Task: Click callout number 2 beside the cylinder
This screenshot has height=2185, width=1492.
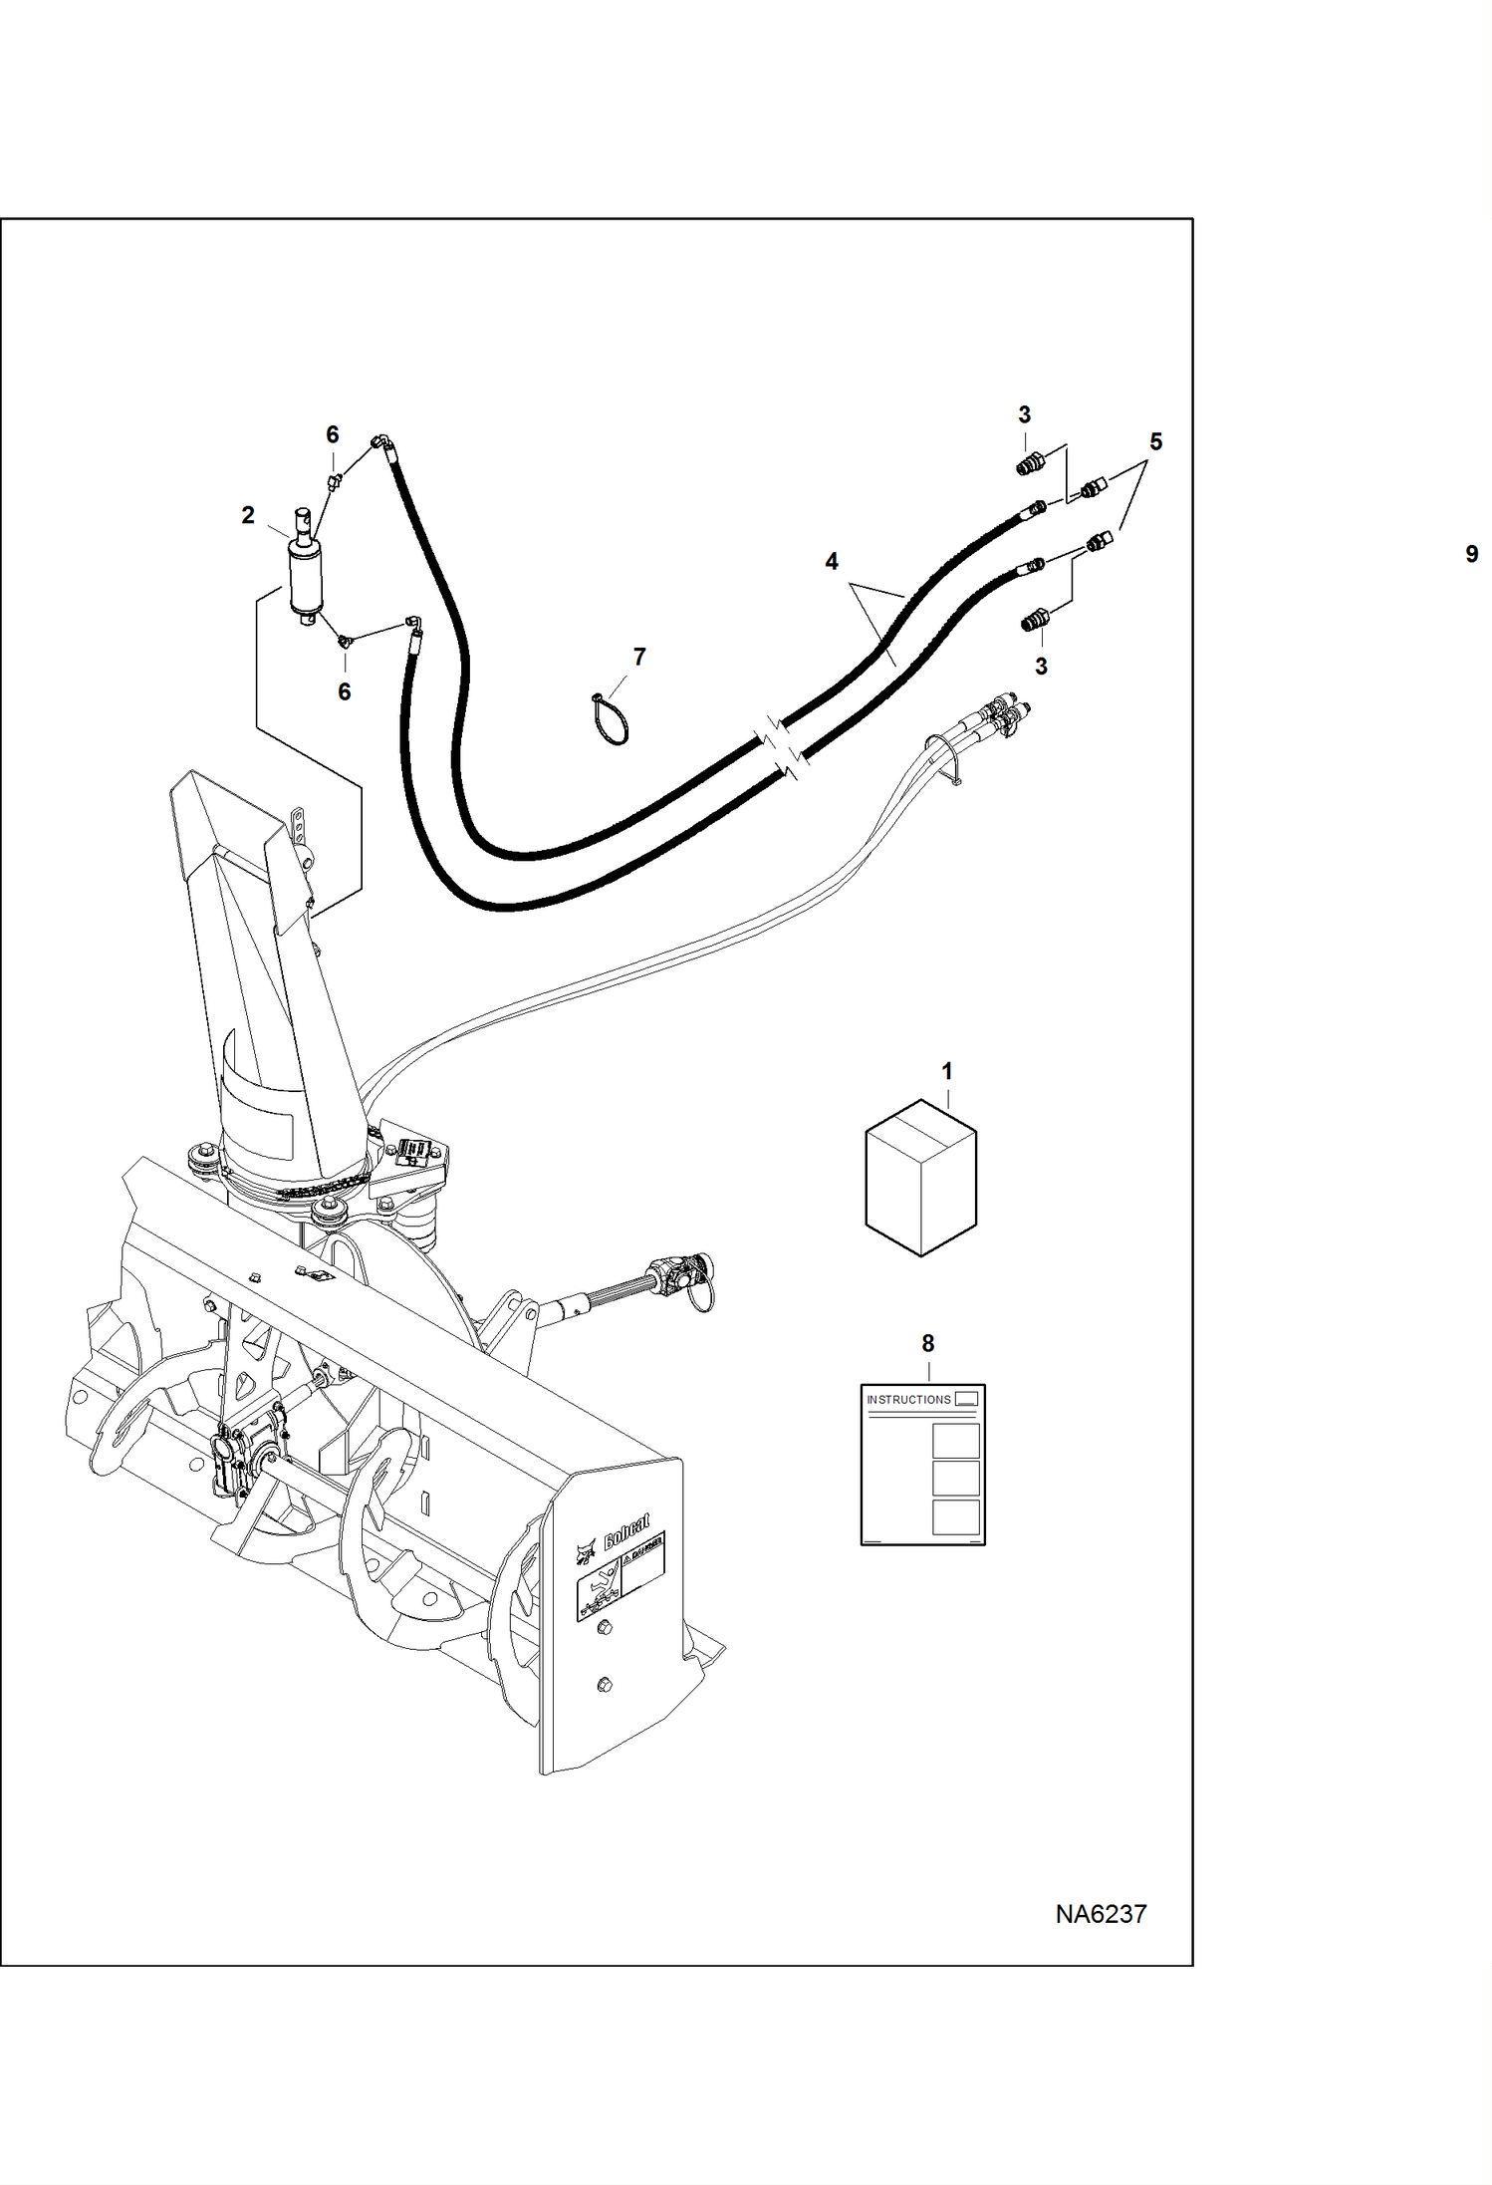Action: (248, 515)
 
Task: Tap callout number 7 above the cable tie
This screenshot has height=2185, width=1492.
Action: (639, 657)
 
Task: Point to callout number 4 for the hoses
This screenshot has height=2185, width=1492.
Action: (832, 562)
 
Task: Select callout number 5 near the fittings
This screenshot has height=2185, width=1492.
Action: (1155, 441)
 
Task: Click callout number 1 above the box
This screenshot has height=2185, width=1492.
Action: (947, 1071)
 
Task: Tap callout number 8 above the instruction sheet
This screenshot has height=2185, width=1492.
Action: (928, 1343)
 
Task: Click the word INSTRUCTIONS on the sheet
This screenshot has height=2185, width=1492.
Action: (908, 1400)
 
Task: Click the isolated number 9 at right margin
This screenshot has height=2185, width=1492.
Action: (1471, 554)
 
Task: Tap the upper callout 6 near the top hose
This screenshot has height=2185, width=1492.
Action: (333, 434)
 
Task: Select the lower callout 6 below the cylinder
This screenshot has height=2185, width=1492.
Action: (345, 691)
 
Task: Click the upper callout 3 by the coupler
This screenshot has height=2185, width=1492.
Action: (1024, 414)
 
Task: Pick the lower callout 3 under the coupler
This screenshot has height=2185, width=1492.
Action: (1041, 666)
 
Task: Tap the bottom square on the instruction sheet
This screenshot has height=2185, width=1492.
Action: (955, 1517)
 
